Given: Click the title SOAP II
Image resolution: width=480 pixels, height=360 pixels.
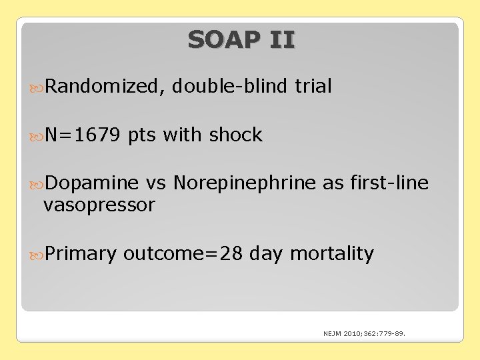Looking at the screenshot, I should (241, 40).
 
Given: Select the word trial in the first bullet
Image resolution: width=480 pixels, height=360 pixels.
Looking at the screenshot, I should (313, 87).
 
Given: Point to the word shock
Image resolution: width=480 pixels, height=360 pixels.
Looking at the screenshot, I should (236, 135).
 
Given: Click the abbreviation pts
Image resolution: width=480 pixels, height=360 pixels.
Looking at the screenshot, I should (142, 136).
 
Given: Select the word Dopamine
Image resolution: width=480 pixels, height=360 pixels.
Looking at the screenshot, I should (93, 183).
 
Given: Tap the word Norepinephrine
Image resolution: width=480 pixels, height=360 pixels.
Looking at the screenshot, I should (245, 183).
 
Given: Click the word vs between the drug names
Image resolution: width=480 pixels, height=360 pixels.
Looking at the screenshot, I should (156, 183).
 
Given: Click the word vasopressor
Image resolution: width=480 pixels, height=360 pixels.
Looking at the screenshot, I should (99, 205).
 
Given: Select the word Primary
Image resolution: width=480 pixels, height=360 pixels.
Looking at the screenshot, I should (81, 254).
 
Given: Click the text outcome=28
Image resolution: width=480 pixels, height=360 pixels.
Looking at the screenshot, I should (183, 254).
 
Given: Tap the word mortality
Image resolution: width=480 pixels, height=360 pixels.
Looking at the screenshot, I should (332, 254).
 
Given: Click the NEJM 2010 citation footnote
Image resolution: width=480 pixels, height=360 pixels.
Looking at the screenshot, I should (365, 333).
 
